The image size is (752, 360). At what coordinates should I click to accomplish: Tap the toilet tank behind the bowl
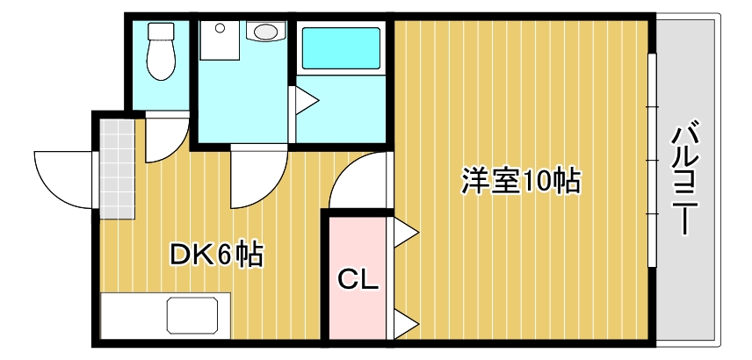click(x=160, y=31)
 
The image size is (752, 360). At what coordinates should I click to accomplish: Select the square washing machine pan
click(x=217, y=40)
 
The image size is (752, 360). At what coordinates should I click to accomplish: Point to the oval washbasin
click(x=264, y=33)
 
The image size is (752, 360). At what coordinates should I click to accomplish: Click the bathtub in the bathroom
click(x=342, y=47)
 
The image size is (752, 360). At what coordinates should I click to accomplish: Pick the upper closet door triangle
click(x=404, y=234)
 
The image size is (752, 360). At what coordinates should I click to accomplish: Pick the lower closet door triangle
click(x=404, y=323)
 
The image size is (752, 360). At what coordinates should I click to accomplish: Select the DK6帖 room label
click(x=216, y=256)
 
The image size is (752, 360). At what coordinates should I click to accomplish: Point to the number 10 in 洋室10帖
click(x=536, y=182)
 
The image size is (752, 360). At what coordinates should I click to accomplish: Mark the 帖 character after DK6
click(x=249, y=256)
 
